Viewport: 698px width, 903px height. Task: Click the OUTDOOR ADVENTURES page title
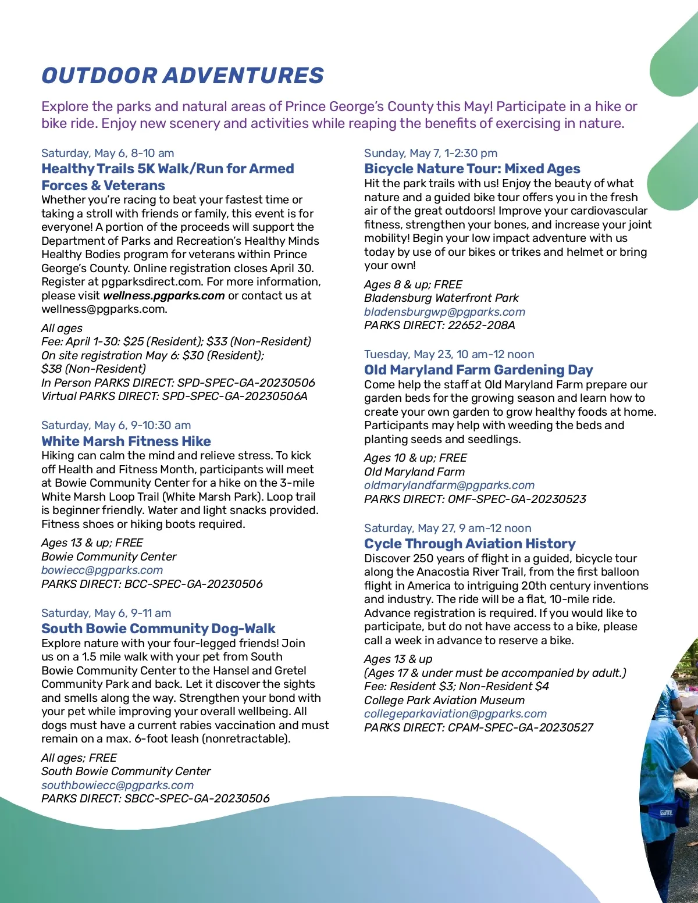tap(183, 76)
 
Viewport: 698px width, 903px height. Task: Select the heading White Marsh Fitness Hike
tap(126, 441)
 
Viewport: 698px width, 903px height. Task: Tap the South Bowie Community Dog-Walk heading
tap(158, 629)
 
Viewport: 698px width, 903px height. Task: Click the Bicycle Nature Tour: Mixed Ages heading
tap(472, 169)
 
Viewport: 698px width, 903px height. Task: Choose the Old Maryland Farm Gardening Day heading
tap(478, 370)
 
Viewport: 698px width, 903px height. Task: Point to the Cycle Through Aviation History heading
tap(469, 544)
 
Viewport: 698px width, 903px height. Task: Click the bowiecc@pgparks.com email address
tap(102, 570)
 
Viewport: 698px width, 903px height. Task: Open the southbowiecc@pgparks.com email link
tap(117, 785)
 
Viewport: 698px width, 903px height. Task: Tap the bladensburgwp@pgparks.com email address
tap(444, 312)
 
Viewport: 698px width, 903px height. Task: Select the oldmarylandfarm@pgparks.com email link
tap(449, 485)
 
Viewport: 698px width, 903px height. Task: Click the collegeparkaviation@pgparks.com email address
tap(455, 713)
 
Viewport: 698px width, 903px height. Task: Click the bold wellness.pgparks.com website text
tap(163, 295)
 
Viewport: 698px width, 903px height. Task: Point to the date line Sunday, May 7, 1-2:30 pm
tap(430, 153)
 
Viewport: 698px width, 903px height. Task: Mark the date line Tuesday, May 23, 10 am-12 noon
tap(449, 354)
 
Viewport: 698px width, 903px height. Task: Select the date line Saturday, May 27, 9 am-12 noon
tap(447, 528)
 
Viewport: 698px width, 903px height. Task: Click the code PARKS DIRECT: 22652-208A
tap(439, 325)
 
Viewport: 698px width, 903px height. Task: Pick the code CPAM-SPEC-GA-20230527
tap(520, 727)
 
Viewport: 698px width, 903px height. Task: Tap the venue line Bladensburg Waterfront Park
tap(441, 298)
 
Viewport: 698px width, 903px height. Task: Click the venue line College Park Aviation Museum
tap(444, 700)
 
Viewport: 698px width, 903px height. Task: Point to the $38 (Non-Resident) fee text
tap(94, 369)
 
